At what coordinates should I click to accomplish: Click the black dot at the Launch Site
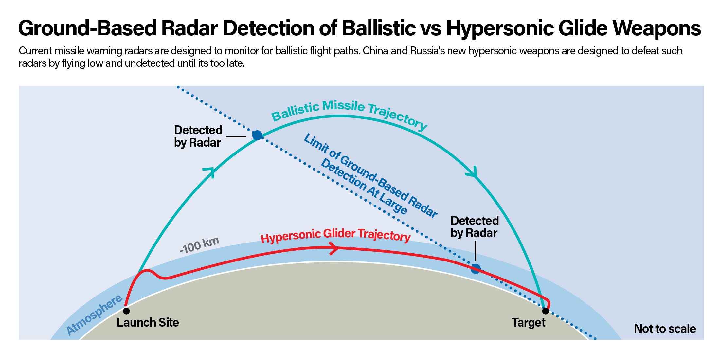click(126, 311)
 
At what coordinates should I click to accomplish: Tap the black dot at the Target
click(545, 311)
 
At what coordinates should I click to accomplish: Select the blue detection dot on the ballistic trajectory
click(257, 135)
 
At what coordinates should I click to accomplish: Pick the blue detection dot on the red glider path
click(476, 269)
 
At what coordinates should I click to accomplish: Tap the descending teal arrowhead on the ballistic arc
click(473, 172)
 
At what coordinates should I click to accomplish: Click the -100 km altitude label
click(199, 245)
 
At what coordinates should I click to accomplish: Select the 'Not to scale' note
click(665, 329)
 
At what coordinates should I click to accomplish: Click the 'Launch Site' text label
click(148, 323)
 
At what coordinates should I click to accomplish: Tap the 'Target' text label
click(529, 323)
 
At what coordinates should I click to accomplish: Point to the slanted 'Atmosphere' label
click(94, 315)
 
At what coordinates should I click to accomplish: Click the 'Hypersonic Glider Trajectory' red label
click(335, 236)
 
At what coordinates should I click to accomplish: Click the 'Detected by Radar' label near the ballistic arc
click(198, 136)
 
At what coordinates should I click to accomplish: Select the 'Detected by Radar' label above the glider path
click(475, 226)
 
